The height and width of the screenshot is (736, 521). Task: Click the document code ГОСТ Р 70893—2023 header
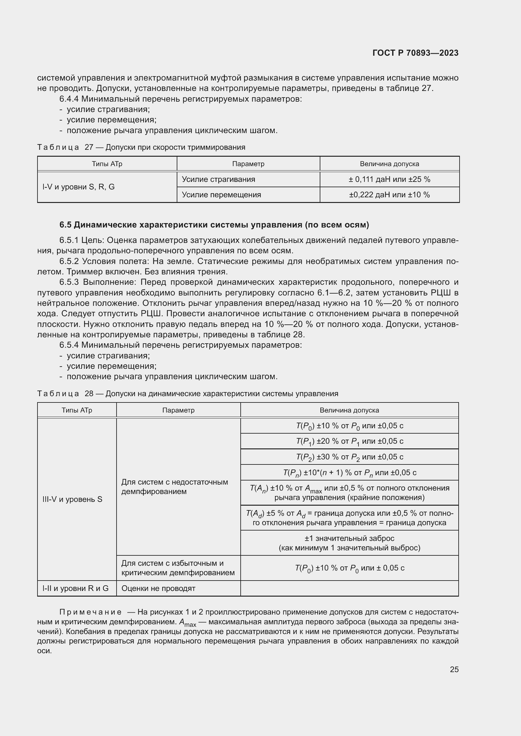point(415,53)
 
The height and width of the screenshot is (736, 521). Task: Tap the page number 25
point(454,669)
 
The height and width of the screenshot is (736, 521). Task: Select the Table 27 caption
point(141,147)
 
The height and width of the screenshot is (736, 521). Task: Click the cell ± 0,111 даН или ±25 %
point(389,179)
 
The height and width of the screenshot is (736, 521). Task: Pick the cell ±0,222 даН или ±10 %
point(389,194)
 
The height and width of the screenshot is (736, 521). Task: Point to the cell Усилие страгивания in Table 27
point(218,179)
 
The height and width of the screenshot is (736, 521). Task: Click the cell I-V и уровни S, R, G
point(79,187)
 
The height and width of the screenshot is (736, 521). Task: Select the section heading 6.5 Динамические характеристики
point(214,225)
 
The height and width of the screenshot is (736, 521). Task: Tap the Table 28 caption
point(188,393)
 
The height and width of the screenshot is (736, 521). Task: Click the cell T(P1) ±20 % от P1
point(349,441)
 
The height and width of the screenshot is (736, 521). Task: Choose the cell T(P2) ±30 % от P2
point(349,457)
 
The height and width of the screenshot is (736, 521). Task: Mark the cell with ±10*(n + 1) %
point(349,473)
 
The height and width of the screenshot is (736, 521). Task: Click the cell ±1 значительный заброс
point(349,543)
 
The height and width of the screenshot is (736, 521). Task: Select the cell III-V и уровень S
point(72,499)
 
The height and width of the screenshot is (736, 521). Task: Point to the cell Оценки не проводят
point(158,588)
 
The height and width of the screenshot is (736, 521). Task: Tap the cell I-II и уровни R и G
point(75,588)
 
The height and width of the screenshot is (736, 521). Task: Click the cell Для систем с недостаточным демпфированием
point(175,486)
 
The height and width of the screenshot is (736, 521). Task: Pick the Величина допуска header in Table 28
point(349,410)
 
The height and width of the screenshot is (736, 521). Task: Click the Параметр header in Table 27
point(248,164)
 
